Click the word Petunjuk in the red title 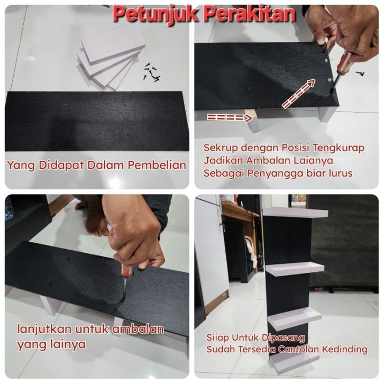(156, 14)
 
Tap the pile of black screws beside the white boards (152, 72)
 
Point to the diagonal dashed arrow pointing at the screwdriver (298, 94)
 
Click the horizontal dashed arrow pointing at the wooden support (230, 117)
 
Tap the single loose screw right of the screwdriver (360, 73)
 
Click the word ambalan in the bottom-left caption (138, 329)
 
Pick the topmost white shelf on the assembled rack (295, 212)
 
